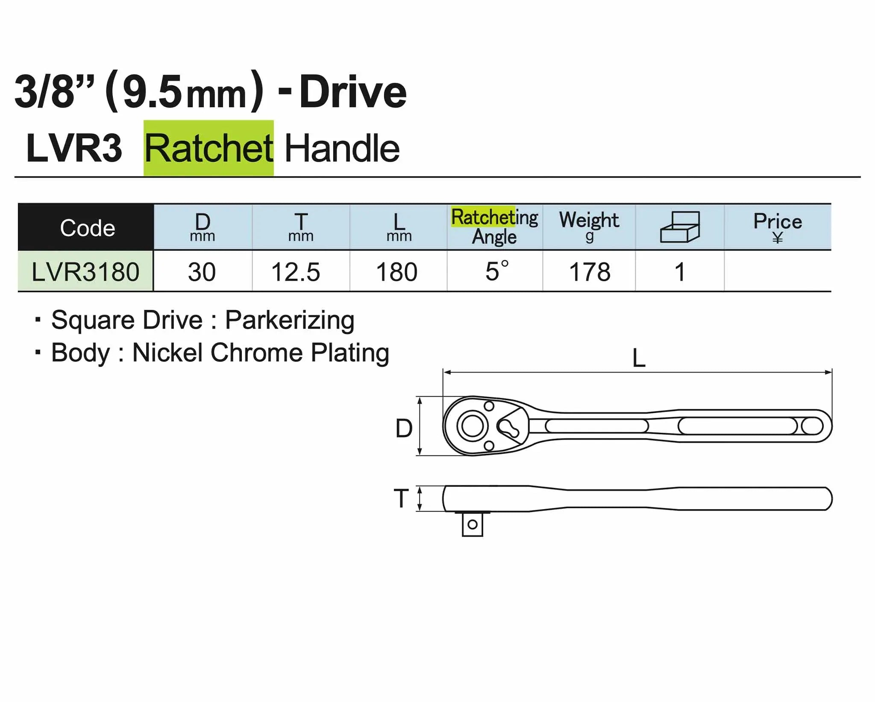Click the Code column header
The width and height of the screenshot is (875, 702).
pos(88,228)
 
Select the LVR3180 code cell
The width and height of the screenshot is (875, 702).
pos(85,272)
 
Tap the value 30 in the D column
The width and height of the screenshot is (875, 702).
pos(202,272)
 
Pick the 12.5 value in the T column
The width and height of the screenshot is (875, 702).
pos(296,272)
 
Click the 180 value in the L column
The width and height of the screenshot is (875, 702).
pos(397,272)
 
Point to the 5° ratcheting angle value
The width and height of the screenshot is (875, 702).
pos(497,271)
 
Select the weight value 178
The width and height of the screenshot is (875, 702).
pos(590,272)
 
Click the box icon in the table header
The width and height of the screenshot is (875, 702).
pos(680,227)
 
